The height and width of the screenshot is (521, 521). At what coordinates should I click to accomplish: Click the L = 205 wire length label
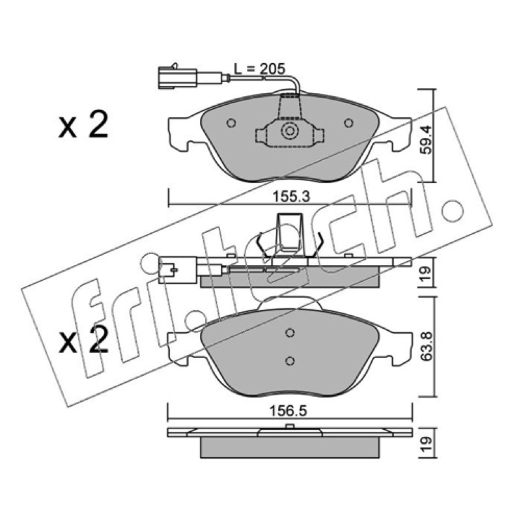[x=259, y=69]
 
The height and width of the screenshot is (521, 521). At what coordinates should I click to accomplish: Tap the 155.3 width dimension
[x=291, y=197]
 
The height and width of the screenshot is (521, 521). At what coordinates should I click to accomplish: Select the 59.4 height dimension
[x=426, y=139]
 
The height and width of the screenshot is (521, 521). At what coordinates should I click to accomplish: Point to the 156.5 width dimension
[x=288, y=411]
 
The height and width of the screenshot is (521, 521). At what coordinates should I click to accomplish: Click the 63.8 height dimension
[x=426, y=346]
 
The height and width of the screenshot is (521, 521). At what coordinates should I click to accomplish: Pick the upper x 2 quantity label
[x=83, y=125]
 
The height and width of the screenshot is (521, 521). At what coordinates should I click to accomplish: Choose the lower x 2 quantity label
[x=83, y=339]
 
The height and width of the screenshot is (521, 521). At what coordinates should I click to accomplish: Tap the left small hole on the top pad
[x=231, y=123]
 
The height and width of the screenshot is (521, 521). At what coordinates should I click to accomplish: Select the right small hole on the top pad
[x=348, y=123]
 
